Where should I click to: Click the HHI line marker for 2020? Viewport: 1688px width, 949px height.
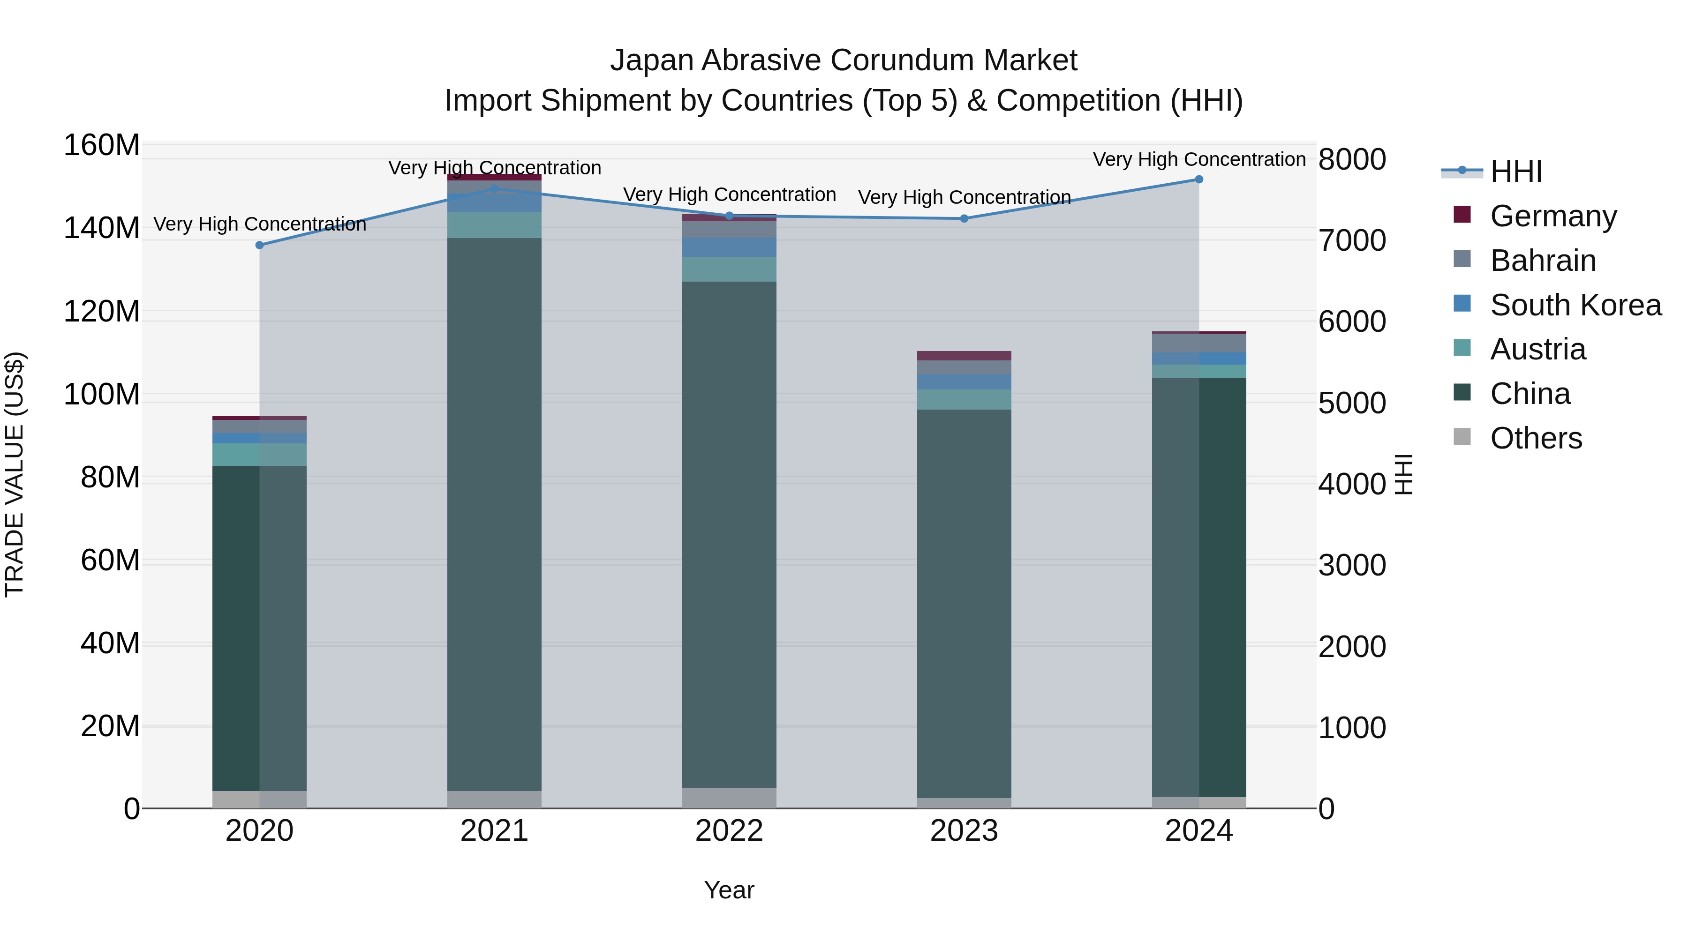[259, 246]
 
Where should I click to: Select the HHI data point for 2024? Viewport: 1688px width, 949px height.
[1199, 179]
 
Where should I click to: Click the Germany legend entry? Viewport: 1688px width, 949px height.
[1553, 216]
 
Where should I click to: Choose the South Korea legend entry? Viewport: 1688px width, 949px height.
[1575, 305]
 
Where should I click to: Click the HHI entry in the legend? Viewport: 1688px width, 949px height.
[1515, 172]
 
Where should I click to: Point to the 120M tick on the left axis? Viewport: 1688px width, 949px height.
[102, 312]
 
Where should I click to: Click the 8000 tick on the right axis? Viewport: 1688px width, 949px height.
[1352, 160]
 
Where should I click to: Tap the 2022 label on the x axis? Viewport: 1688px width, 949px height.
[729, 831]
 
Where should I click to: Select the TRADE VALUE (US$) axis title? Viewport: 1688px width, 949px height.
[15, 474]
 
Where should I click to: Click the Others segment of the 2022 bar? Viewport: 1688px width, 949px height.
[729, 798]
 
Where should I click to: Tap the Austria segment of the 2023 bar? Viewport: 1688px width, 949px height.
[964, 399]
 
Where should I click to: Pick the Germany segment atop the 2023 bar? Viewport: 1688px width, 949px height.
[964, 356]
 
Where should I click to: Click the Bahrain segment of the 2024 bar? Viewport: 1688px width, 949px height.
[1199, 343]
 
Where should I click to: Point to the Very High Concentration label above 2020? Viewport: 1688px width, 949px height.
[259, 224]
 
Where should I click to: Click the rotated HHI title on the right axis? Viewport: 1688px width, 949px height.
[1403, 474]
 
